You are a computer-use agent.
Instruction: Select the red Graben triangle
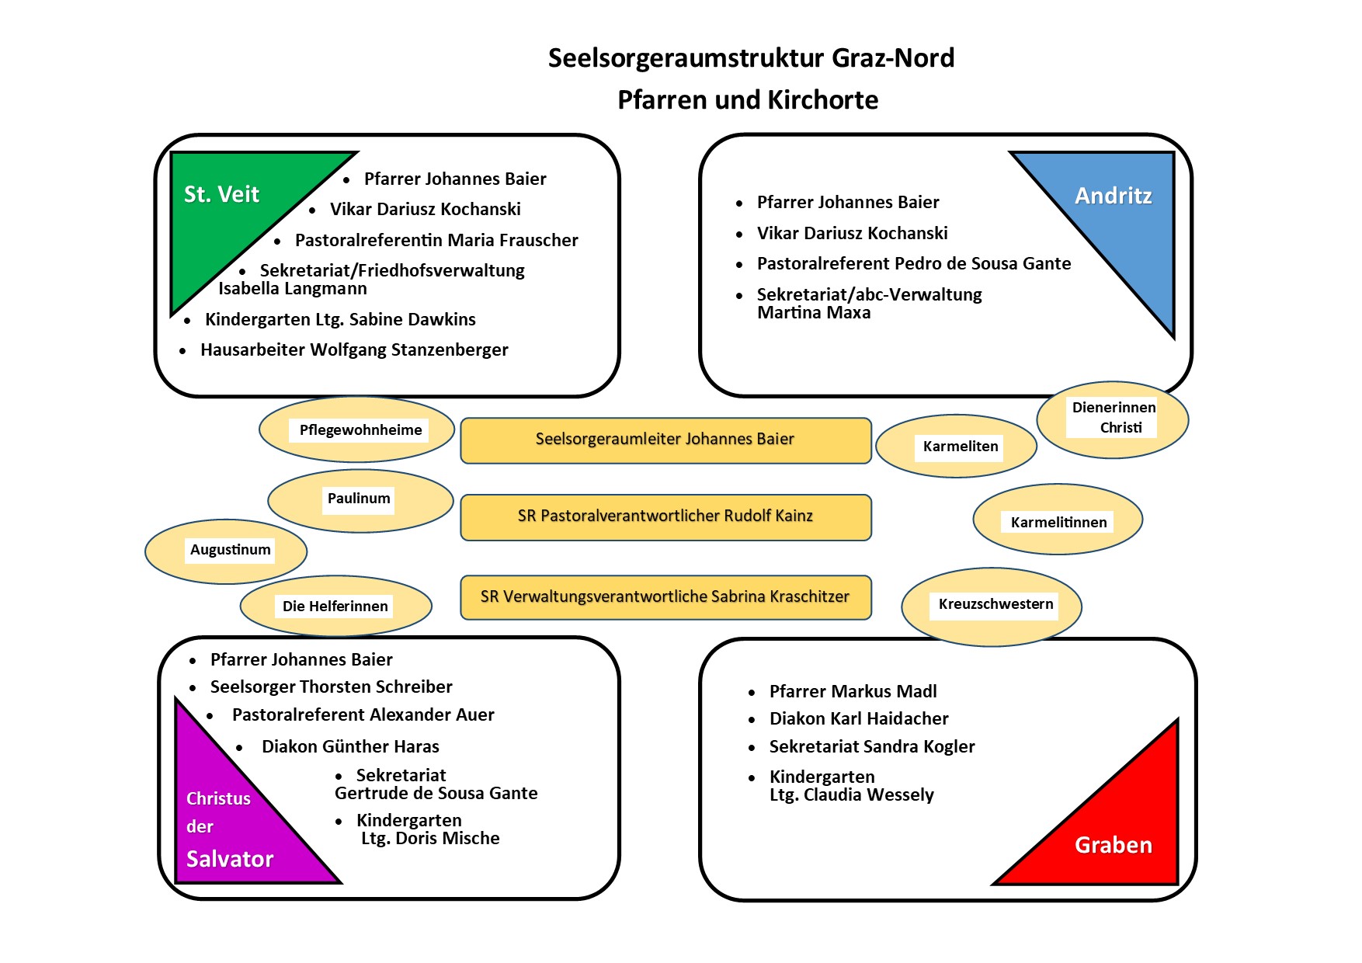pyautogui.click(x=1118, y=831)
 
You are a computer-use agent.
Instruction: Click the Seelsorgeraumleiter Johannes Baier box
pyautogui.click(x=665, y=440)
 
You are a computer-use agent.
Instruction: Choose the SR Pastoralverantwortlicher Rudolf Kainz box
pyautogui.click(x=665, y=517)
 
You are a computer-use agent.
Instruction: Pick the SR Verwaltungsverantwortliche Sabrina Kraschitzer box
pyautogui.click(x=665, y=597)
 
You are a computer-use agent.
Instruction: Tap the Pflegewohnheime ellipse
pyautogui.click(x=357, y=430)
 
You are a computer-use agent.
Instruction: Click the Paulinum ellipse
pyautogui.click(x=360, y=501)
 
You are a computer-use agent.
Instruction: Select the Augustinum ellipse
pyautogui.click(x=226, y=551)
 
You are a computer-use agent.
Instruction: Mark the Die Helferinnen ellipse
pyautogui.click(x=335, y=607)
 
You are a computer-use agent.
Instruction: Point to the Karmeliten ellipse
pyautogui.click(x=957, y=447)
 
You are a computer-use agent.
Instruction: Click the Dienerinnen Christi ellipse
pyautogui.click(x=1113, y=419)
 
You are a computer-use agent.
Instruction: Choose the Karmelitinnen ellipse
pyautogui.click(x=1058, y=520)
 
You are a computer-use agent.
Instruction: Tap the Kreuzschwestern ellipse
pyautogui.click(x=992, y=607)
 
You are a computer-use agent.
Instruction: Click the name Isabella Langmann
pyautogui.click(x=293, y=289)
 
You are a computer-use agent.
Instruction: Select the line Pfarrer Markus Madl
pyautogui.click(x=853, y=691)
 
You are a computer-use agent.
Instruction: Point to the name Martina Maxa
pyautogui.click(x=814, y=313)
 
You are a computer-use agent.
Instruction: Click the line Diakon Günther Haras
pyautogui.click(x=350, y=747)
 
